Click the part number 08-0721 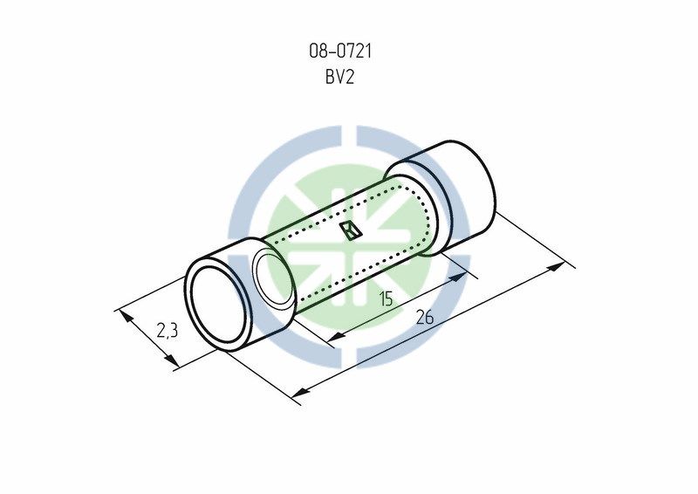click(340, 51)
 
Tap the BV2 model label click(339, 78)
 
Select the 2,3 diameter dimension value click(168, 331)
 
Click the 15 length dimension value click(386, 298)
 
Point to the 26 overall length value click(425, 317)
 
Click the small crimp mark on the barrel click(351, 231)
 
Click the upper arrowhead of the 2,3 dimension click(126, 316)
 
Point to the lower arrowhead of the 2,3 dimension click(171, 360)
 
